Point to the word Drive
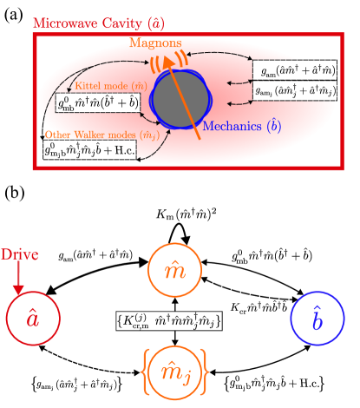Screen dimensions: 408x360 click(x=19, y=255)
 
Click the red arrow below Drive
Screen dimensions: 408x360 click(x=18, y=278)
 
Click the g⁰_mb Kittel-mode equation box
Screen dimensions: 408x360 click(x=99, y=102)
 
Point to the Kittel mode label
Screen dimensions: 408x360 click(x=100, y=85)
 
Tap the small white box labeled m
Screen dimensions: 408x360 click(x=170, y=217)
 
